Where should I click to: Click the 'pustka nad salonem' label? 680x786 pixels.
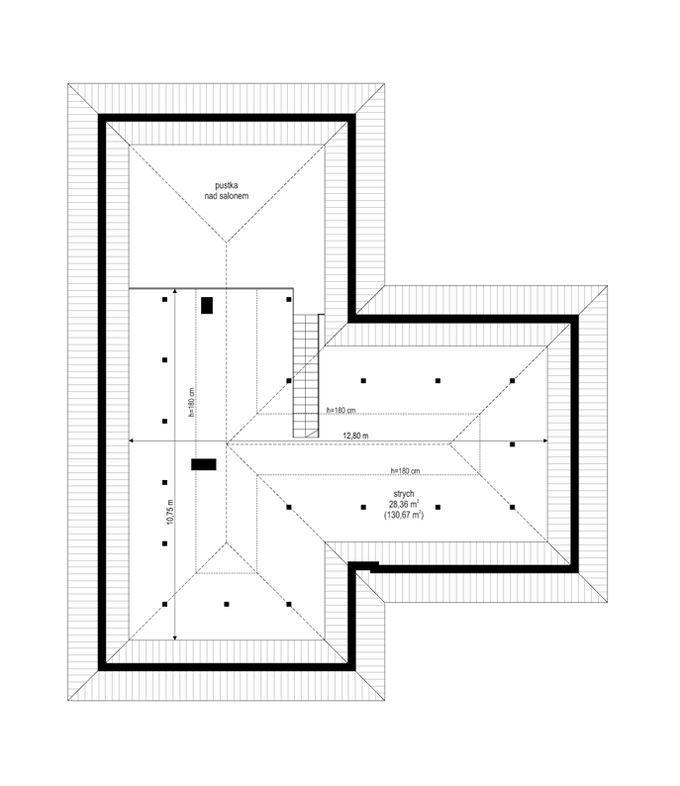click(226, 191)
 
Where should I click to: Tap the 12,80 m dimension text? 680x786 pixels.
click(355, 436)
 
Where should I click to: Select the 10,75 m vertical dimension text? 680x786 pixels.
click(170, 512)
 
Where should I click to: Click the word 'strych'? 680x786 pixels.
click(404, 494)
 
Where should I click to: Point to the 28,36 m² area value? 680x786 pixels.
click(404, 504)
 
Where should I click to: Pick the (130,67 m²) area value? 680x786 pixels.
click(404, 515)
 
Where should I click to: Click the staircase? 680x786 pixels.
click(306, 375)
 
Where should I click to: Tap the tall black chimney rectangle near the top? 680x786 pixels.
click(207, 305)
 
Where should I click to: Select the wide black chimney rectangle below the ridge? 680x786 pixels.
click(204, 464)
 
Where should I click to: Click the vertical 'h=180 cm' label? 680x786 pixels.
click(191, 403)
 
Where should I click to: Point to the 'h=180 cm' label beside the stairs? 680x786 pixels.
click(340, 411)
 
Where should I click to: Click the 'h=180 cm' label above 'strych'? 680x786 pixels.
click(406, 470)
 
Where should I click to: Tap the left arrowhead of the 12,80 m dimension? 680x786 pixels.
click(132, 441)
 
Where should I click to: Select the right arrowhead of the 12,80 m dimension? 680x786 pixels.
click(545, 441)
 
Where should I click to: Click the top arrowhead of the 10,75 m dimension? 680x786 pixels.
click(174, 291)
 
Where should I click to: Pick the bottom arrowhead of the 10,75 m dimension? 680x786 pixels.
click(174, 638)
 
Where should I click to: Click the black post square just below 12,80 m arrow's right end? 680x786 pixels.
click(512, 444)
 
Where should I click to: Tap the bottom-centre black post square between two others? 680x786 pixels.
click(227, 605)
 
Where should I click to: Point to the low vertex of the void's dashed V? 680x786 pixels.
click(227, 243)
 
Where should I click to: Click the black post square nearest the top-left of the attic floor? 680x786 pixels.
click(165, 300)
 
